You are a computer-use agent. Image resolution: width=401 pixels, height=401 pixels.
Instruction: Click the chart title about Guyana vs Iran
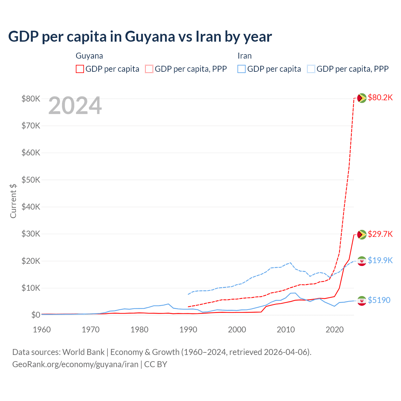pyautogui.click(x=140, y=37)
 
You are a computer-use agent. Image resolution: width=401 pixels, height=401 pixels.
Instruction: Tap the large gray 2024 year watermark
pyautogui.click(x=75, y=106)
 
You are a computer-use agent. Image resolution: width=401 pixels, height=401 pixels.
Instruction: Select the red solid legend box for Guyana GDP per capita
pyautogui.click(x=80, y=69)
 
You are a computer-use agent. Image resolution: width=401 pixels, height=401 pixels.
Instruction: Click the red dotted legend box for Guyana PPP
pyautogui.click(x=149, y=69)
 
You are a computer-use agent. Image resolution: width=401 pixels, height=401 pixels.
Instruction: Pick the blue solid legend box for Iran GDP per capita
pyautogui.click(x=242, y=69)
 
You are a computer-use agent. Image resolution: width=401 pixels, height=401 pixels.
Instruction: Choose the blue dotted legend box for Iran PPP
pyautogui.click(x=311, y=69)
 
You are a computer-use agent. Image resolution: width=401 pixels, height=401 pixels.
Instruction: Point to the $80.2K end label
pyautogui.click(x=380, y=97)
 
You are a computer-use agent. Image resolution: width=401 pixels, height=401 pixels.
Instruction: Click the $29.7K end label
pyautogui.click(x=380, y=234)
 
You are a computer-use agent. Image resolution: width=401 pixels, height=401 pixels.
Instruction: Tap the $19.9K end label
pyautogui.click(x=380, y=260)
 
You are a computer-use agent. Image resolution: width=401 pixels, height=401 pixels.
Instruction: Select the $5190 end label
pyautogui.click(x=379, y=300)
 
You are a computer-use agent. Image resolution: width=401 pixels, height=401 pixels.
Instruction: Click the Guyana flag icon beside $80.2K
pyautogui.click(x=362, y=98)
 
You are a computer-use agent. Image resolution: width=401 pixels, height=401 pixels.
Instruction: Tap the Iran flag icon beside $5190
pyautogui.click(x=362, y=301)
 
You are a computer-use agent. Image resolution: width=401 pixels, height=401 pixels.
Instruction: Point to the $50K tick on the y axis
pyautogui.click(x=31, y=180)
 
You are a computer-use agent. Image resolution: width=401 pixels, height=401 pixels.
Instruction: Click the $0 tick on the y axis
pyautogui.click(x=35, y=315)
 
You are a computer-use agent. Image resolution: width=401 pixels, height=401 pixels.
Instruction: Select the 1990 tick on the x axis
pyautogui.click(x=188, y=330)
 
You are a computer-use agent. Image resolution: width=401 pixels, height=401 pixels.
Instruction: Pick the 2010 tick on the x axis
pyautogui.click(x=286, y=330)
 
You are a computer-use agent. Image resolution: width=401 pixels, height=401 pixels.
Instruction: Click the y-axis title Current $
pyautogui.click(x=13, y=201)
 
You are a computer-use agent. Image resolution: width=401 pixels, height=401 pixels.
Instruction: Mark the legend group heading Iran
pyautogui.click(x=244, y=56)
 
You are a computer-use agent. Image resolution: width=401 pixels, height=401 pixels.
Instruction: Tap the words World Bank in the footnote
pyautogui.click(x=83, y=352)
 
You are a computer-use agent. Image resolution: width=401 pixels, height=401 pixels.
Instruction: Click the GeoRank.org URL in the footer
pyautogui.click(x=75, y=364)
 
